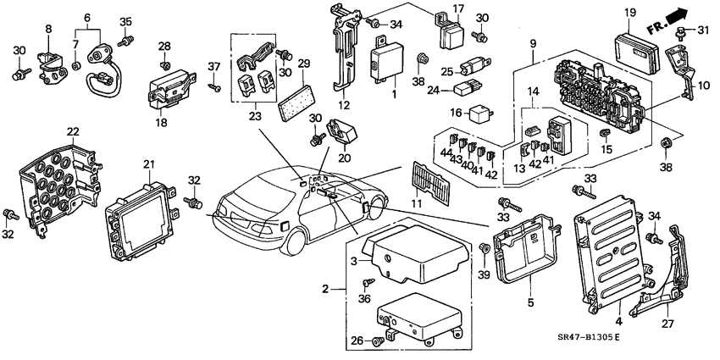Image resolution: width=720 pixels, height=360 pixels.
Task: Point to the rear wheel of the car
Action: click(295, 237)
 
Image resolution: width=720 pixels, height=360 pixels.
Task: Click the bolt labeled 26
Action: click(378, 340)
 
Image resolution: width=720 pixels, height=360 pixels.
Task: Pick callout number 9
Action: click(533, 44)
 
